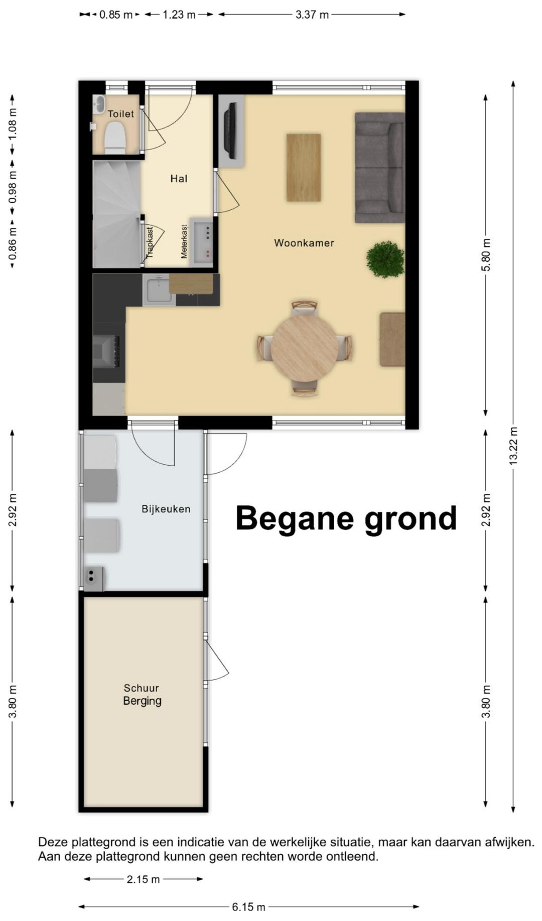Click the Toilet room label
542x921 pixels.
(x=121, y=114)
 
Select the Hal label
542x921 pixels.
(x=179, y=178)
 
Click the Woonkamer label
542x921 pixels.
(x=304, y=243)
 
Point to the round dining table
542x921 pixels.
(x=305, y=348)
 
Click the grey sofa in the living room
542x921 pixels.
(x=380, y=168)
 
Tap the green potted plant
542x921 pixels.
(x=385, y=259)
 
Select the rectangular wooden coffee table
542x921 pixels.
(x=304, y=168)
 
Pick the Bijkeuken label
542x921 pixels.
(x=166, y=509)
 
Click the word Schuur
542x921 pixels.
(x=142, y=688)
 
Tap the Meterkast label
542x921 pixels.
(x=184, y=241)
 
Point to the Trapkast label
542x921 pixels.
(x=150, y=242)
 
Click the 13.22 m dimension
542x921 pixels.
(x=513, y=446)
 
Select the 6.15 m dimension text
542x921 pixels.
(x=249, y=907)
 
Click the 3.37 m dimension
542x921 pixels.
(x=312, y=15)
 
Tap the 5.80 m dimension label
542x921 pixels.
(x=486, y=255)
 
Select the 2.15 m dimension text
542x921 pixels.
(x=144, y=879)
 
